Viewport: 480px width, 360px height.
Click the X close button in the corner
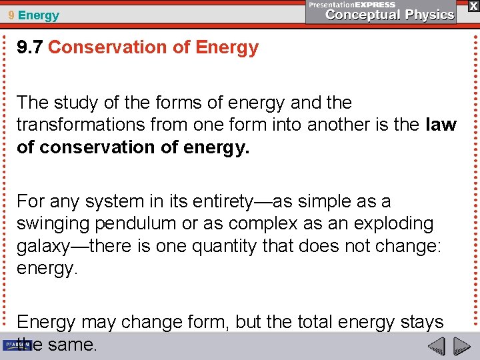(473, 6)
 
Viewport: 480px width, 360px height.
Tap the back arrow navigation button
(436, 346)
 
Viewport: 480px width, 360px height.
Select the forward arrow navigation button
(461, 346)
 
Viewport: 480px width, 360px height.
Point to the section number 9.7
(30, 47)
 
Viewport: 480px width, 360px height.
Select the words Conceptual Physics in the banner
(390, 15)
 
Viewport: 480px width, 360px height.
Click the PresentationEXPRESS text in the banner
(351, 5)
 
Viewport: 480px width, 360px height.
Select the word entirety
(218, 201)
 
